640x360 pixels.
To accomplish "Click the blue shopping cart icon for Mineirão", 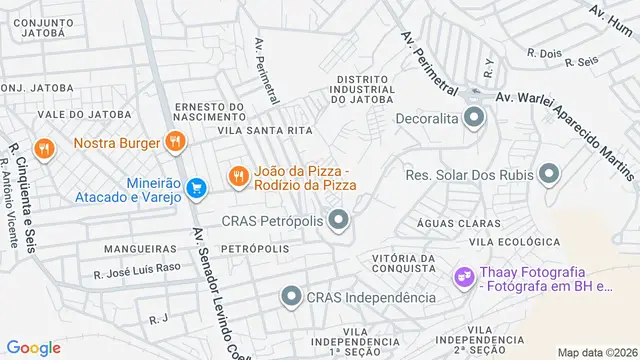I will pos(197,186).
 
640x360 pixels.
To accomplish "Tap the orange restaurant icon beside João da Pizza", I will pos(237,177).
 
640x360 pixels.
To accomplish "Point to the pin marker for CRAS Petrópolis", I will pos(340,219).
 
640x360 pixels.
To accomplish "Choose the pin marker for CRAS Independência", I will pos(290,296).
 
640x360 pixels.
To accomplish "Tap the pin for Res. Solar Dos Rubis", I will pos(548,175).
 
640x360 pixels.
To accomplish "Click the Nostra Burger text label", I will pos(116,143).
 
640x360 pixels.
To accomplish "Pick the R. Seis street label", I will pos(581,62).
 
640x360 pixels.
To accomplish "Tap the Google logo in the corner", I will pos(34,347).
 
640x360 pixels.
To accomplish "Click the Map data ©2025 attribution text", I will pos(596,352).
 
